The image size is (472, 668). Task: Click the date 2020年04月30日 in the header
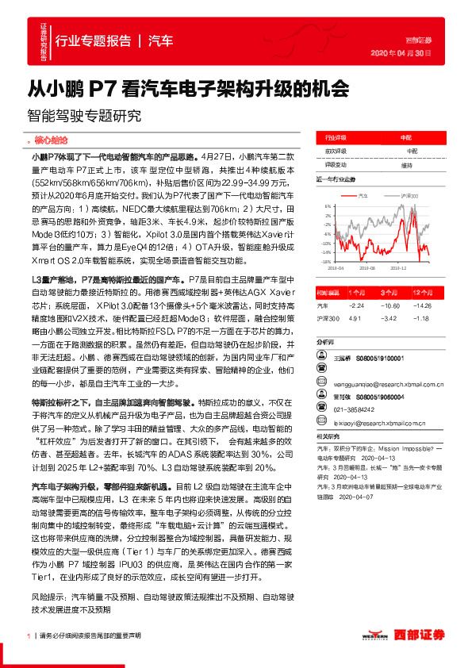coord(401,54)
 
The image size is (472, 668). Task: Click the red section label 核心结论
coord(52,139)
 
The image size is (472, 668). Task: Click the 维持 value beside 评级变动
coord(407,165)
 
